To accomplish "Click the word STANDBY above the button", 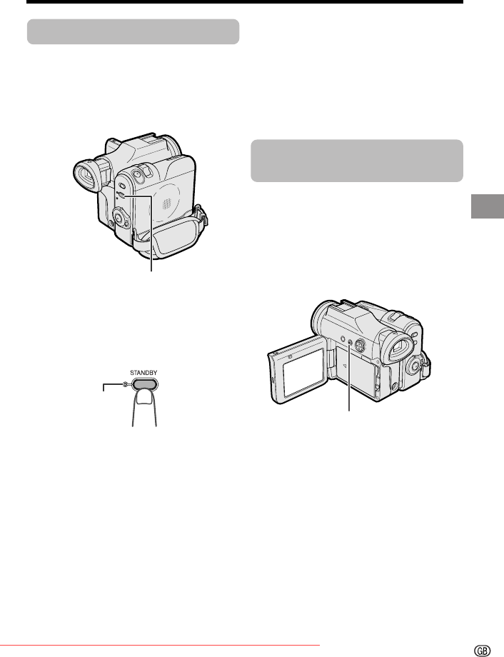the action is point(143,373).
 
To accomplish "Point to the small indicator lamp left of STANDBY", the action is point(125,384).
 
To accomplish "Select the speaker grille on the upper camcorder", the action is point(167,204).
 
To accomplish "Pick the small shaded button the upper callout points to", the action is point(121,195).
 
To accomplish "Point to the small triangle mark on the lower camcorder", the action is point(343,366).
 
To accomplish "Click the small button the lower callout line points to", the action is point(351,342).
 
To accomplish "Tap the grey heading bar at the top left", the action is point(133,31).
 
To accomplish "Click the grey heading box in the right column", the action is point(357,161).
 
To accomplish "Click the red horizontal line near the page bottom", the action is point(160,646).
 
